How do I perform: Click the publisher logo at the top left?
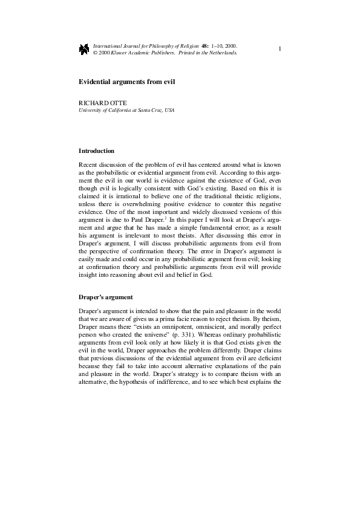coord(83,48)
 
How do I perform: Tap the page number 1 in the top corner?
coord(280,48)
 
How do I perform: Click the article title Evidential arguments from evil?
coord(126,81)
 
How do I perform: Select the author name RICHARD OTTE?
coord(99,104)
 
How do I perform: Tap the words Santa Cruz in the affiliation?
coord(145,111)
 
